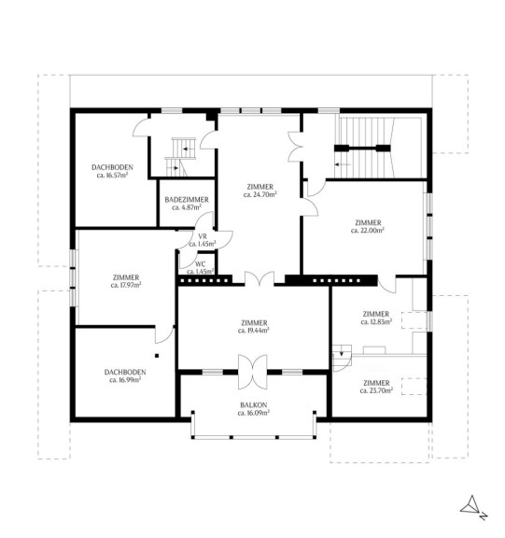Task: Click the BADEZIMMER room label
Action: click(187, 200)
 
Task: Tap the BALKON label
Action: click(254, 404)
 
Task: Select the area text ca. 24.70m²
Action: click(260, 195)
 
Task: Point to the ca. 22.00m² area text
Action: click(368, 231)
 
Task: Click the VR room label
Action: click(203, 236)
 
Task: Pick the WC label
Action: click(200, 264)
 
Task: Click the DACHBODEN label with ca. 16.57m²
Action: click(112, 167)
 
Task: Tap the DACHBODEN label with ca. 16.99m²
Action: click(125, 372)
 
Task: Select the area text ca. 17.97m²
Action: click(126, 285)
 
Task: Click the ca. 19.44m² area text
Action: click(253, 331)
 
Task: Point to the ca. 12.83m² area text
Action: click(376, 322)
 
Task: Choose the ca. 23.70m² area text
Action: click(376, 390)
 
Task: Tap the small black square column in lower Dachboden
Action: click(157, 356)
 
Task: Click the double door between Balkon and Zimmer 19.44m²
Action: click(253, 373)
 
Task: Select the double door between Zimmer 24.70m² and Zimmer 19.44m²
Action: click(260, 278)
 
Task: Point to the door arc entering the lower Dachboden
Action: click(165, 334)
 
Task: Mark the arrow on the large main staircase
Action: click(343, 164)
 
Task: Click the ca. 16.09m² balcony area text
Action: click(254, 413)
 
